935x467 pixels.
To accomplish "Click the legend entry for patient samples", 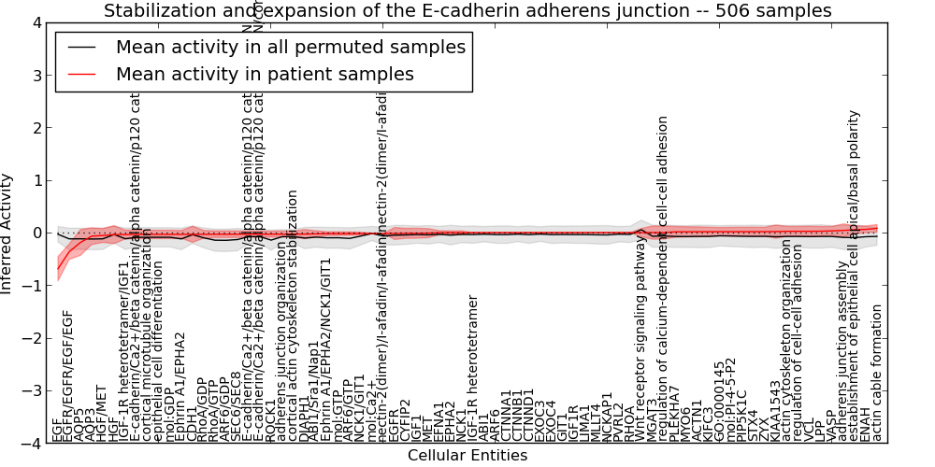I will click(265, 74).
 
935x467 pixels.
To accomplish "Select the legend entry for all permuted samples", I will click(290, 47).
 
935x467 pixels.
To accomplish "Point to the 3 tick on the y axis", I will click(36, 75).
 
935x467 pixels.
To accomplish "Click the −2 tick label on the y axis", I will click(34, 338).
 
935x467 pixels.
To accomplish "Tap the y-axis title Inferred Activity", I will click(8, 233).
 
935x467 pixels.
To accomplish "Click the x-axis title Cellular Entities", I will click(467, 456).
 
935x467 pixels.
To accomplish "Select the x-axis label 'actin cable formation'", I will click(876, 374).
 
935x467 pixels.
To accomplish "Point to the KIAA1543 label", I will click(775, 411).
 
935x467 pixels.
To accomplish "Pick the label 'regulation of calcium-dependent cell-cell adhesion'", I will click(663, 279).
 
